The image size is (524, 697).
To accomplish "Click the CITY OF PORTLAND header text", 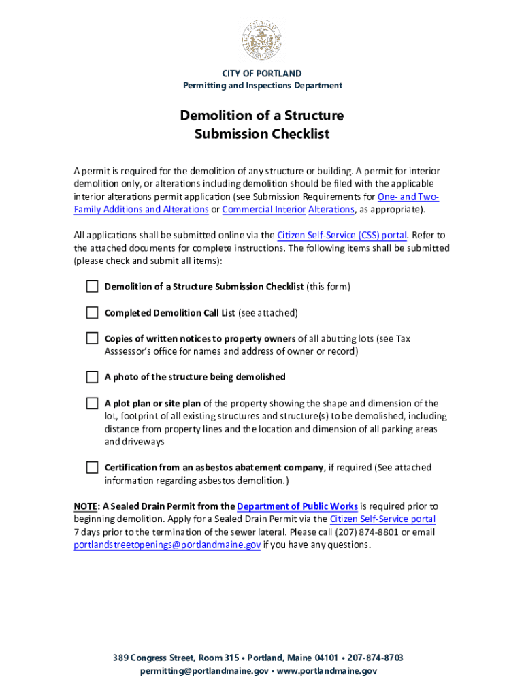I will pos(262,73).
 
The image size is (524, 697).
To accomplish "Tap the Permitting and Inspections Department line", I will pos(262,86).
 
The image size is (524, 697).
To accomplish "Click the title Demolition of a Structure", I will pos(262,115).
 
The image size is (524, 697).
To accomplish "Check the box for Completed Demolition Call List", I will pos(92,312).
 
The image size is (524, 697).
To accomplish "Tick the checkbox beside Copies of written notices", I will pos(92,338).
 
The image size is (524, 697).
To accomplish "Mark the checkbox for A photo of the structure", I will pos(92,377).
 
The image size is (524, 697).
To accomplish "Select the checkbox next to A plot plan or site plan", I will pos(92,403).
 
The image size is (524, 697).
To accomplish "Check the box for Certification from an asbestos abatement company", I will pos(92,468).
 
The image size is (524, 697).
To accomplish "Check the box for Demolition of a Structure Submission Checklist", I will pos(92,287).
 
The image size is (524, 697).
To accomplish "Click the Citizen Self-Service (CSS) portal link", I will pos(342,236).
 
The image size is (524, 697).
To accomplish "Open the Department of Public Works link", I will pos(297,506).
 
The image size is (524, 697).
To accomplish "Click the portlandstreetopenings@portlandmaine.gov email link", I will pos(167,545).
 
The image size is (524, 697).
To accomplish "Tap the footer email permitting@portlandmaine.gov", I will pos(204,671).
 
